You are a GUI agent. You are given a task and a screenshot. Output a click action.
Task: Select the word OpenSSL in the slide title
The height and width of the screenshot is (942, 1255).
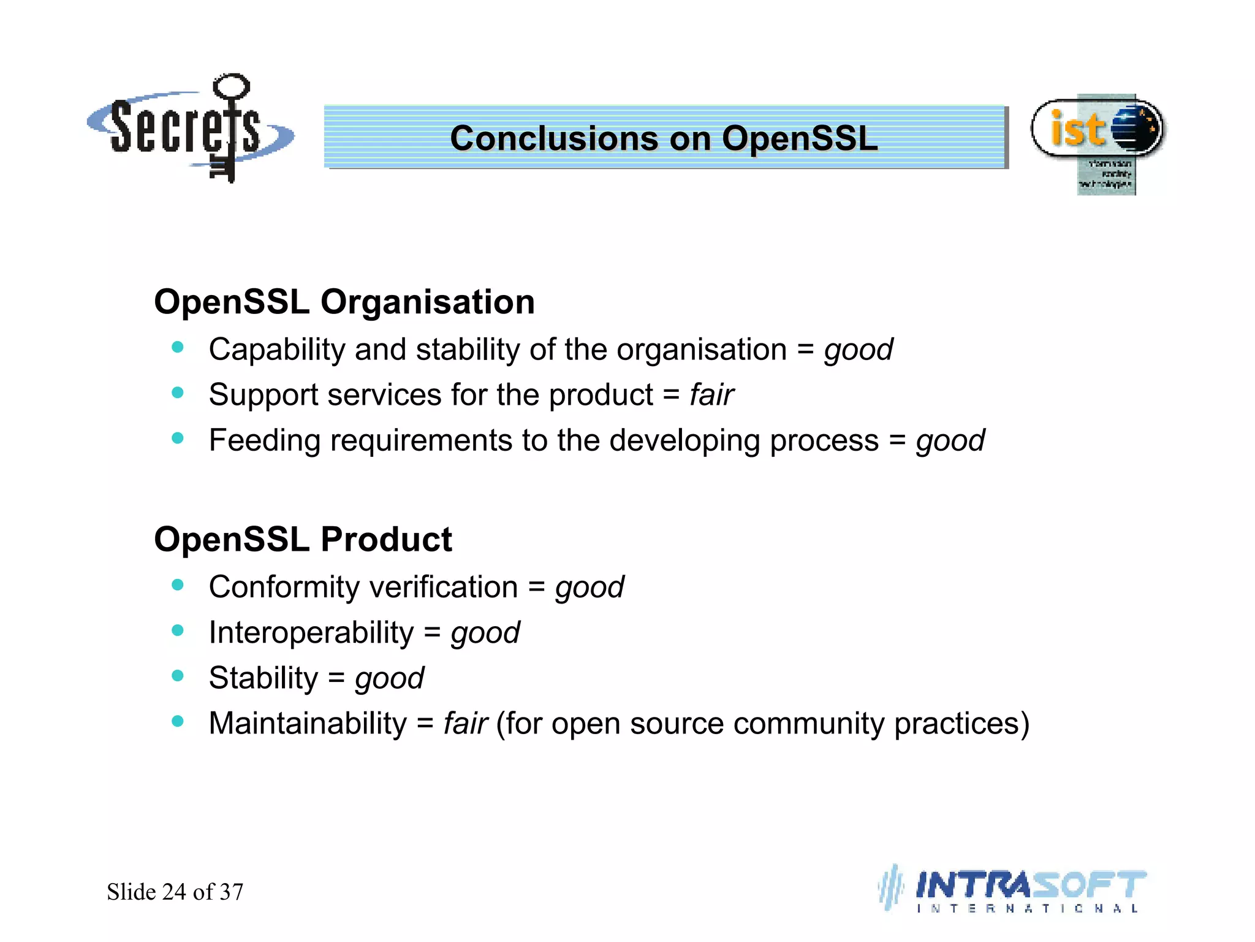pos(800,139)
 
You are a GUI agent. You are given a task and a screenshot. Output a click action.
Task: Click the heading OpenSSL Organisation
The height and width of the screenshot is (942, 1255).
pos(344,302)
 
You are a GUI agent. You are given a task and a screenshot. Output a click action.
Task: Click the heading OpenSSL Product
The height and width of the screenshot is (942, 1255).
pos(303,540)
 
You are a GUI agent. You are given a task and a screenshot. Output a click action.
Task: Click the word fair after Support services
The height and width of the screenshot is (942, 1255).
pos(711,395)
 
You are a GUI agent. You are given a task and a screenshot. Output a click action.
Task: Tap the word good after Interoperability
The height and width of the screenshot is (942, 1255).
pos(485,633)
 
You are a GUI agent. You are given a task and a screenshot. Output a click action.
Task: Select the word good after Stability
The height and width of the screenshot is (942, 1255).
pos(389,678)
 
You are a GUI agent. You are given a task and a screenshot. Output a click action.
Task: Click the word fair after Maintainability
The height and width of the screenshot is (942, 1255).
pos(466,724)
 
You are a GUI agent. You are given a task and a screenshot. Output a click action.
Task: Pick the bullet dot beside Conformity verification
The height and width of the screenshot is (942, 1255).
pos(178,585)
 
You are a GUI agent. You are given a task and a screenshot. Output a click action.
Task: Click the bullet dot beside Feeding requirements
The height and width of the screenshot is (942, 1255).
pos(178,438)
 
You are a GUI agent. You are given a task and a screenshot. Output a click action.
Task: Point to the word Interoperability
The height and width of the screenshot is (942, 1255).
pos(311,633)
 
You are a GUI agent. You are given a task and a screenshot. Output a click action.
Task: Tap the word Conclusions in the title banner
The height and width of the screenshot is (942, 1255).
pos(555,139)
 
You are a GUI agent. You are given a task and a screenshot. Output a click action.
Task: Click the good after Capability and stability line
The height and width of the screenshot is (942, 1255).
pos(858,350)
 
